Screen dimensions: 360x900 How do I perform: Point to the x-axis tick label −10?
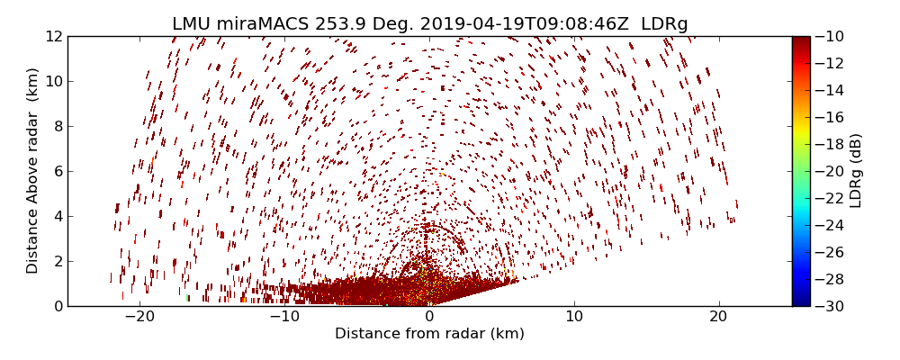pos(284,317)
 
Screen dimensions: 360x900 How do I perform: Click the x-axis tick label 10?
pos(574,317)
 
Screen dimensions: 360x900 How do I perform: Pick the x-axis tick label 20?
pos(718,317)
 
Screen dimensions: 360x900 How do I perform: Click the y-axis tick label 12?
pos(54,36)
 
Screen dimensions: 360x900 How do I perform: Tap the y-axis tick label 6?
pos(58,171)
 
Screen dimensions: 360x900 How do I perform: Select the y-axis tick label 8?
pos(58,126)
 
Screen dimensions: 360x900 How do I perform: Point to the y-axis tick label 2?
pos(58,261)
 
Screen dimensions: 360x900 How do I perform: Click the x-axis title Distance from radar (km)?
pos(429,334)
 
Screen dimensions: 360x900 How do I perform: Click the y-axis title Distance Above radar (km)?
pos(33,171)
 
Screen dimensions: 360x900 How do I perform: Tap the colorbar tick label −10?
pos(828,36)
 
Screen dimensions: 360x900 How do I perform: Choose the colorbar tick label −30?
pos(828,306)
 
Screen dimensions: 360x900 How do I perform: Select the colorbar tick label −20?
pos(828,171)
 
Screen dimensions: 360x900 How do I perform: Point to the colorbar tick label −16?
pos(828,117)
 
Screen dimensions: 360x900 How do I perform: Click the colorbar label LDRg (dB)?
pos(856,171)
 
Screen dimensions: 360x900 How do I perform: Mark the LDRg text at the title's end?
pos(664,24)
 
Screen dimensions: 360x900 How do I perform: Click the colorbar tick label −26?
pos(828,252)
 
